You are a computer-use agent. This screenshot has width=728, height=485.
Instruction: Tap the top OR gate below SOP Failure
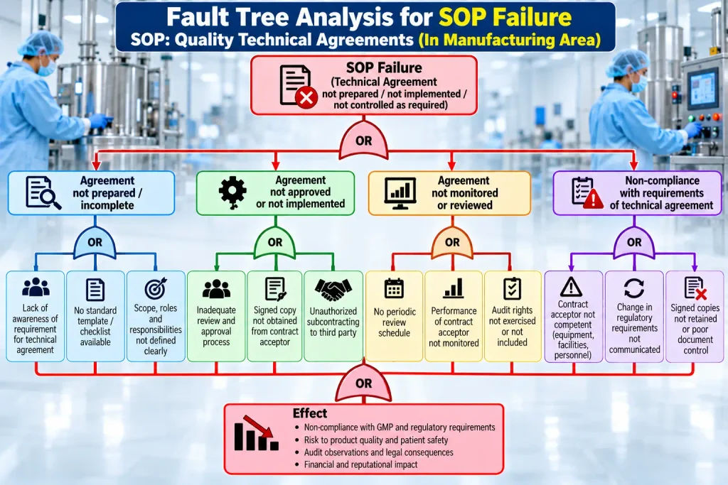[363, 140]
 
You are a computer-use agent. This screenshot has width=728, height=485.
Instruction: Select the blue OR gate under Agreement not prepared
[95, 242]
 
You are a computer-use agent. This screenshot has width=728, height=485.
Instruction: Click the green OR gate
[275, 242]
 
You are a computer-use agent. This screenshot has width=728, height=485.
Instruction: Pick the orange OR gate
[452, 242]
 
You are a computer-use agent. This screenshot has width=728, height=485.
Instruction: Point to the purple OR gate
[634, 242]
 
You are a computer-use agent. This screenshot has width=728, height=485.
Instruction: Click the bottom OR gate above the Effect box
[363, 383]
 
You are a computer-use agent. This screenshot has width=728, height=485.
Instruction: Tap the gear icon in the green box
[232, 192]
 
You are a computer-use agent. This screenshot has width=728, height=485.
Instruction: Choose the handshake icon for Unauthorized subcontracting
[333, 289]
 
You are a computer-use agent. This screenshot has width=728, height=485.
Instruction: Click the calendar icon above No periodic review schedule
[394, 288]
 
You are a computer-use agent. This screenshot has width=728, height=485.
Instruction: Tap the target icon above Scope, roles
[156, 288]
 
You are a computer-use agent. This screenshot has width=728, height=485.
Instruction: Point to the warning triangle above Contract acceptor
[571, 287]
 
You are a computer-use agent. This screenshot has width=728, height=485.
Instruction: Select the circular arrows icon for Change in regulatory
[634, 288]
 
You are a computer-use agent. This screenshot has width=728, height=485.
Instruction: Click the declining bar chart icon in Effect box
[256, 433]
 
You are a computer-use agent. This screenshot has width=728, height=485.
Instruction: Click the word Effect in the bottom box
[310, 413]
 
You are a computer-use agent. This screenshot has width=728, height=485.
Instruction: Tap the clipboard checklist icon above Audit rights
[512, 288]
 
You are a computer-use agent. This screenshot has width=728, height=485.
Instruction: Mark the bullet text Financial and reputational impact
[360, 464]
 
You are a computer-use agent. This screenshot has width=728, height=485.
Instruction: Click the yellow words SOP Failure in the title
[505, 17]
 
